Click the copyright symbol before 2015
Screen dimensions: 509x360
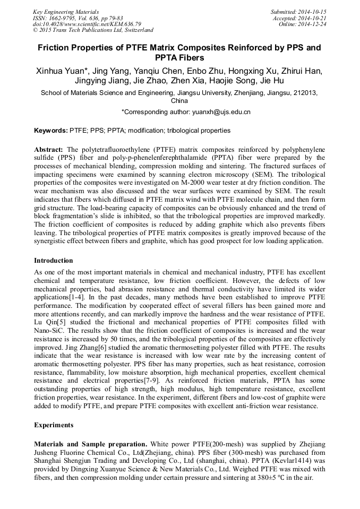(x=35, y=31)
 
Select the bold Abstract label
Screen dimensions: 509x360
(x=49, y=150)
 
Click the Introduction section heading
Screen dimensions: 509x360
(x=54, y=261)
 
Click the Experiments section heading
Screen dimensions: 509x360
(x=54, y=425)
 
